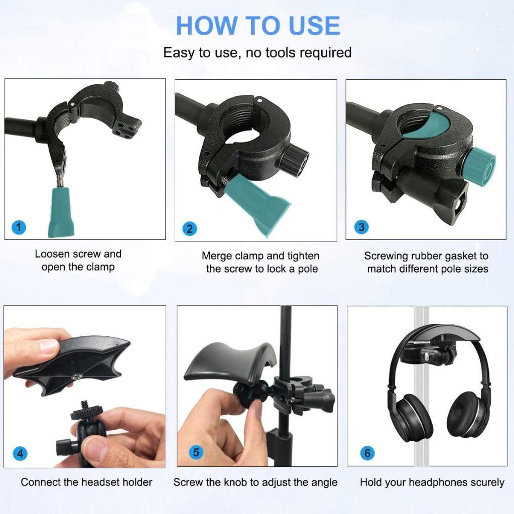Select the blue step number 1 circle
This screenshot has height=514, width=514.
click(x=19, y=227)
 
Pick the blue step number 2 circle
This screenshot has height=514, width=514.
click(x=189, y=228)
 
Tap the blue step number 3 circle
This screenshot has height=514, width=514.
click(x=361, y=227)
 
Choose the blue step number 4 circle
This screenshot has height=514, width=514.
click(x=20, y=453)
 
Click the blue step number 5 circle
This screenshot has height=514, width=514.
click(x=196, y=452)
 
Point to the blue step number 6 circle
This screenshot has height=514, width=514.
click(x=367, y=453)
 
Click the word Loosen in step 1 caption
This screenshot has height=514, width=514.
click(x=52, y=254)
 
